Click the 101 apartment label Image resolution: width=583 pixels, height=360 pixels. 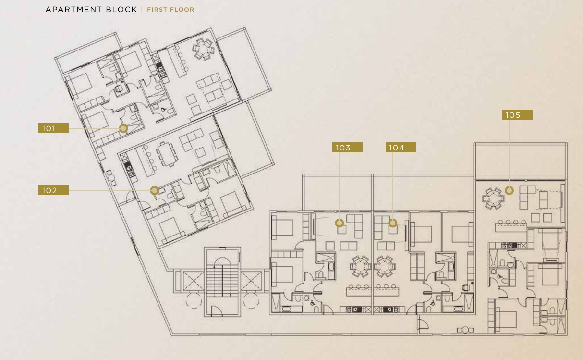(x=53, y=128)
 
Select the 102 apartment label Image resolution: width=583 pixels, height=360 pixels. (x=53, y=190)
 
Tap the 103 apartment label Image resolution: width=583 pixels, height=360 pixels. (x=347, y=148)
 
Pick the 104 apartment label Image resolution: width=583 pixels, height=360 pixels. (x=401, y=148)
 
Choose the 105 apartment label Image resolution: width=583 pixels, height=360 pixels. (x=517, y=114)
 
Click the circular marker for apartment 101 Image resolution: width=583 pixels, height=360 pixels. (x=123, y=128)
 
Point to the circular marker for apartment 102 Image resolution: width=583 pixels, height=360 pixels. (x=154, y=190)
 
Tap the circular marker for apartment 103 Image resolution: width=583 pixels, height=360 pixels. (x=340, y=223)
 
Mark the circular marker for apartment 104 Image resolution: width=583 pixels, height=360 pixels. (x=393, y=223)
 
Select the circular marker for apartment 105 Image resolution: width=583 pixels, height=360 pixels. (x=510, y=190)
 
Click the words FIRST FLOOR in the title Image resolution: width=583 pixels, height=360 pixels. (x=170, y=10)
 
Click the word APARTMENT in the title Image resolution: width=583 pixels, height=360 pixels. (x=73, y=10)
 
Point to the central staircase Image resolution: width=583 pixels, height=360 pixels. (x=222, y=281)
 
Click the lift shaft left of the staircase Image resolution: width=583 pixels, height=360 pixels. (x=194, y=281)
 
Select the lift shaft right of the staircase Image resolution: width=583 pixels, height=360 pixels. (x=251, y=281)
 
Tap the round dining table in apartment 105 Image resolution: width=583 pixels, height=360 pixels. (x=493, y=199)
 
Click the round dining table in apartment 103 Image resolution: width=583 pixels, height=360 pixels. (x=360, y=266)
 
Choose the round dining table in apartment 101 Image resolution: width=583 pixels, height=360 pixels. (x=203, y=49)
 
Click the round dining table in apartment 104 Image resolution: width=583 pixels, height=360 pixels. (x=385, y=266)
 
